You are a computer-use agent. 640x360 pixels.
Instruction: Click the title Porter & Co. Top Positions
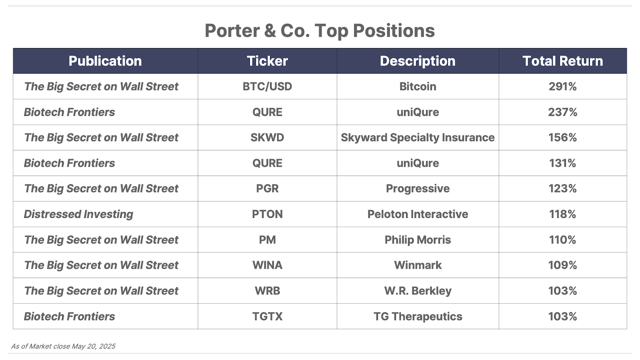pyautogui.click(x=320, y=30)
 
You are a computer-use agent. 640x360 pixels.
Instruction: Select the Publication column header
pyautogui.click(x=105, y=61)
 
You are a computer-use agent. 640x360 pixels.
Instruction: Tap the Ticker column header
pyautogui.click(x=267, y=61)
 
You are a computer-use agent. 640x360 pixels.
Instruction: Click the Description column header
pyautogui.click(x=418, y=61)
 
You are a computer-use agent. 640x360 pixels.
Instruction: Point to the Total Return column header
pyautogui.click(x=562, y=61)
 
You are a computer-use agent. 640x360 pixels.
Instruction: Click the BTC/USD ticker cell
pyautogui.click(x=267, y=86)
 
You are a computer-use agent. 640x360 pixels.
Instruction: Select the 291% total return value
pyautogui.click(x=562, y=86)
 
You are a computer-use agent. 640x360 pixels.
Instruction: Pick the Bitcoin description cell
pyautogui.click(x=418, y=86)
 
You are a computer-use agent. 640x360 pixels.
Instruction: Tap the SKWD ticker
pyautogui.click(x=267, y=138)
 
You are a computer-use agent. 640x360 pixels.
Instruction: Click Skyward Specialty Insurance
pyautogui.click(x=418, y=138)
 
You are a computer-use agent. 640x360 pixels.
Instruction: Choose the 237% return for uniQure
pyautogui.click(x=562, y=112)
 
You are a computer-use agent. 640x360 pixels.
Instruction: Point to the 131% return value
pyautogui.click(x=562, y=163)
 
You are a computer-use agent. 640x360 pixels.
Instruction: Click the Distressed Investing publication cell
pyautogui.click(x=78, y=214)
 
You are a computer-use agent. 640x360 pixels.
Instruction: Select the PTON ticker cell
pyautogui.click(x=267, y=214)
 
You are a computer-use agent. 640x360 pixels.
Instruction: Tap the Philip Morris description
pyautogui.click(x=418, y=240)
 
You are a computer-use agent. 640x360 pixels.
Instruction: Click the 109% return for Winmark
pyautogui.click(x=562, y=265)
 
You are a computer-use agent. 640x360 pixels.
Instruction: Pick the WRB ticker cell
pyautogui.click(x=267, y=291)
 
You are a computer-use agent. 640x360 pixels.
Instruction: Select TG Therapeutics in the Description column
pyautogui.click(x=418, y=316)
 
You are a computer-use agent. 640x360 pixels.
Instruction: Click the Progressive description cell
pyautogui.click(x=418, y=189)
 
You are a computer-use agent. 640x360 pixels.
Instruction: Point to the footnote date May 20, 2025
pyautogui.click(x=94, y=346)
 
